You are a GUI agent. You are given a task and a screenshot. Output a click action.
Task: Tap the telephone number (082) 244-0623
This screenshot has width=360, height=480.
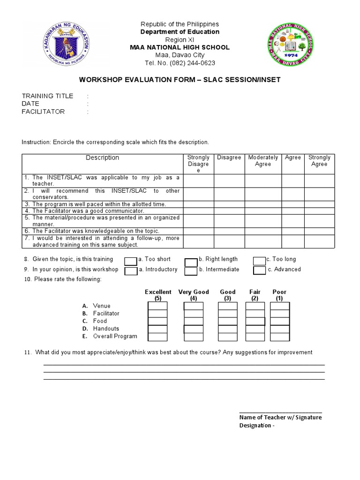180,63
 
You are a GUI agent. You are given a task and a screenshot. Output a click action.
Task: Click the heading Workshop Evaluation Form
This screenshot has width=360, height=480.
180,80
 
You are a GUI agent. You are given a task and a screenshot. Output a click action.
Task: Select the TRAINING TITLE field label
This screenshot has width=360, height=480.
47,96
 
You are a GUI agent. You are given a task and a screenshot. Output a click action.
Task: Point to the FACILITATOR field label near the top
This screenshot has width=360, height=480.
43,112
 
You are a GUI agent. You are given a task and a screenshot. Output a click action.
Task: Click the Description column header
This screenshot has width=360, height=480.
102,158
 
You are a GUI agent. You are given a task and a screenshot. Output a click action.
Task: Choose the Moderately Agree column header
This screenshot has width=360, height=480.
263,161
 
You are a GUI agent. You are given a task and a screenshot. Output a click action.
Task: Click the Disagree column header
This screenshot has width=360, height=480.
229,157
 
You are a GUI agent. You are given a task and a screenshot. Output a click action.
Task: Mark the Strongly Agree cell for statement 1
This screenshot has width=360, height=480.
319,181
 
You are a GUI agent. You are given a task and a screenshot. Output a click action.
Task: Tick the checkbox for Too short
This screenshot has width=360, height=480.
131,261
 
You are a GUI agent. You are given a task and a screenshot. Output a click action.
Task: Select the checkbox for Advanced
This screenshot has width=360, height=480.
259,270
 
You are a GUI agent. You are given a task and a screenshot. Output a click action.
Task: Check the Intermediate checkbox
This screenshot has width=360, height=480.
191,271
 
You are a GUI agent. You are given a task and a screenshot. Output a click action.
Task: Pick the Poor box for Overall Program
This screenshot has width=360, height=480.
280,337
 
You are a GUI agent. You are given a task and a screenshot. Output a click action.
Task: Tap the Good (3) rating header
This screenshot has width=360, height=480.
228,295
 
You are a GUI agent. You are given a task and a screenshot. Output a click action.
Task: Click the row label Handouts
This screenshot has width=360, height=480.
106,329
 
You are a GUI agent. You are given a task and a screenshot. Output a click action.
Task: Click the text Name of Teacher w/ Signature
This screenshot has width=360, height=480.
280,418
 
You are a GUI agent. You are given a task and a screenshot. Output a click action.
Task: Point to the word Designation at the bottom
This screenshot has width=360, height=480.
255,426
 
